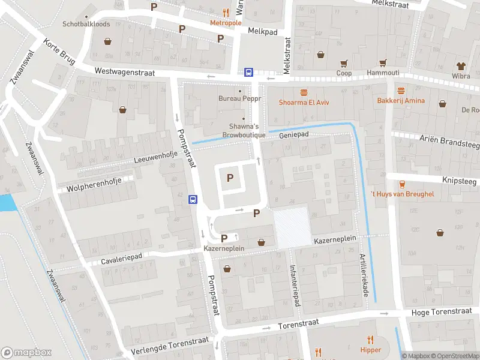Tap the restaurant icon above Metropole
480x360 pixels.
click(x=226, y=12)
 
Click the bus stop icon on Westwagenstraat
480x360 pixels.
click(x=248, y=72)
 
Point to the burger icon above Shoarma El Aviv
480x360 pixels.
click(x=305, y=92)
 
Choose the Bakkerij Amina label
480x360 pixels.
click(x=401, y=100)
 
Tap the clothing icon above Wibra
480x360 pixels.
click(x=461, y=65)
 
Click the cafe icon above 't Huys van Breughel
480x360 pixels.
click(x=402, y=184)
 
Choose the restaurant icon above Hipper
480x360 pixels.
click(x=371, y=339)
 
